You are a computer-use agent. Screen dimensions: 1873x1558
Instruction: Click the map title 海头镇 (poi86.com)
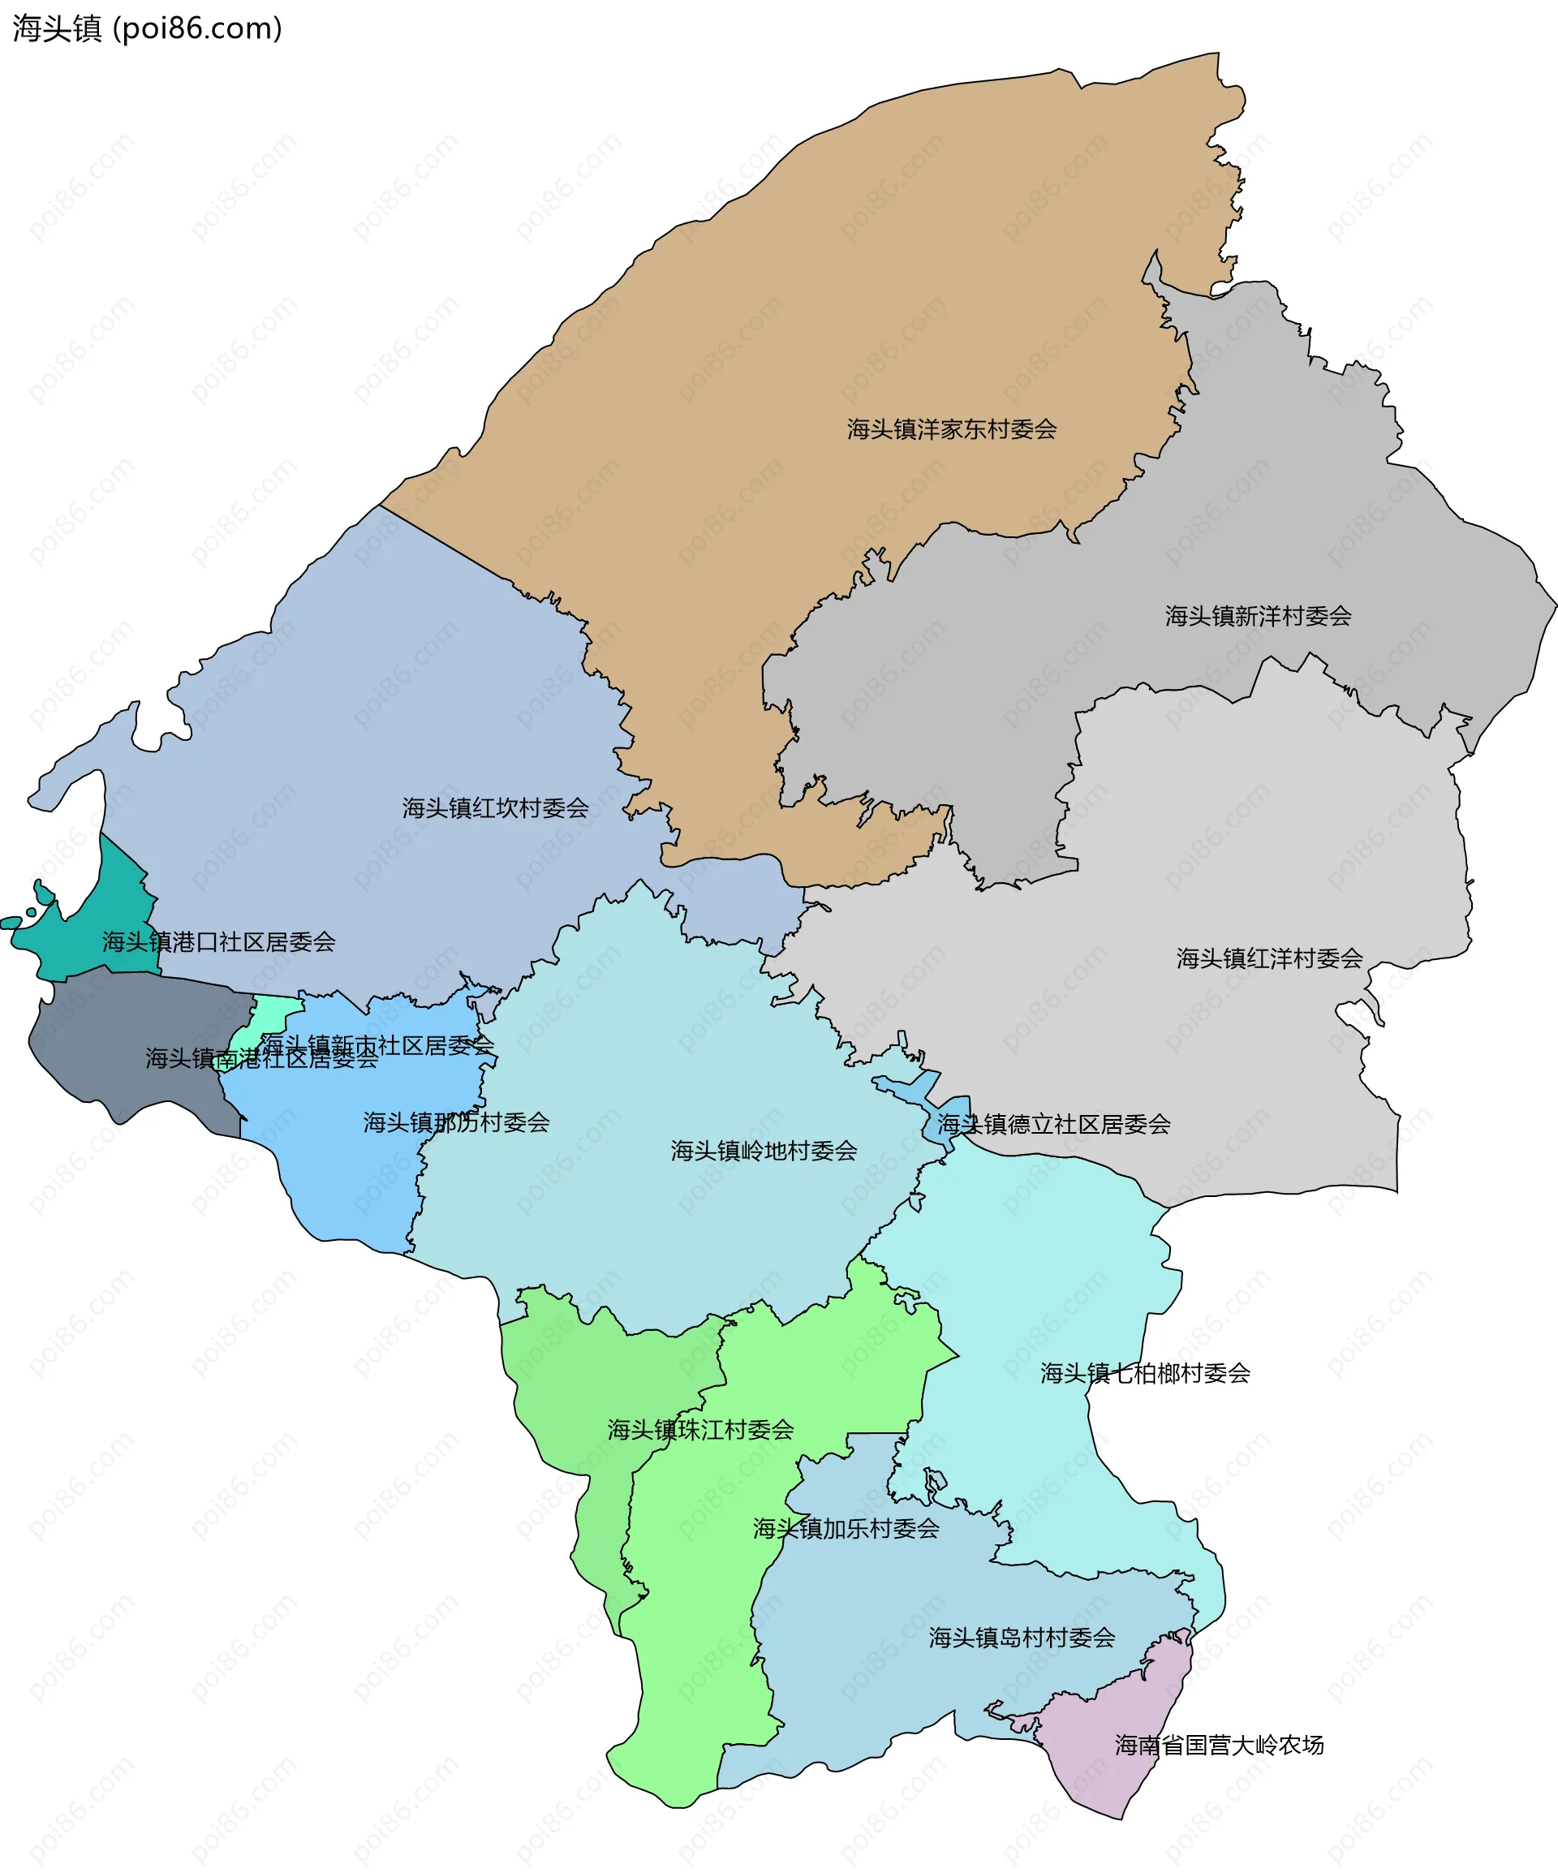(147, 28)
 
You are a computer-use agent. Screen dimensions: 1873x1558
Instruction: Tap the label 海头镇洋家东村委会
(952, 430)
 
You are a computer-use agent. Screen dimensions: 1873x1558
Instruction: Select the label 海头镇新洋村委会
(1258, 616)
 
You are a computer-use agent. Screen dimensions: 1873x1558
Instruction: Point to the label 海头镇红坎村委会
(495, 809)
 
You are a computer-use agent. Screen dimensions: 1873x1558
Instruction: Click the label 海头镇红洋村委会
(1269, 958)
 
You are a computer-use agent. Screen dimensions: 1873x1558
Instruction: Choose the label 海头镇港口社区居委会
(218, 943)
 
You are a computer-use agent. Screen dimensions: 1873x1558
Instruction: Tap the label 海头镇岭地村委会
(764, 1152)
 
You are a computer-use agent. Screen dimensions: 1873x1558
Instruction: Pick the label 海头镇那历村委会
(456, 1123)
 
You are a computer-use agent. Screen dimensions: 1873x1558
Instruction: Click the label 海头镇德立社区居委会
(1053, 1125)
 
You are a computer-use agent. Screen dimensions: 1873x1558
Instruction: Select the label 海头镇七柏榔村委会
(1145, 1374)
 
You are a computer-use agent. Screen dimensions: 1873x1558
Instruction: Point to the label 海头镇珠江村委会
(700, 1431)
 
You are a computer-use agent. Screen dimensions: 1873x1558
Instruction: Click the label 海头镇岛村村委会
(1022, 1638)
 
